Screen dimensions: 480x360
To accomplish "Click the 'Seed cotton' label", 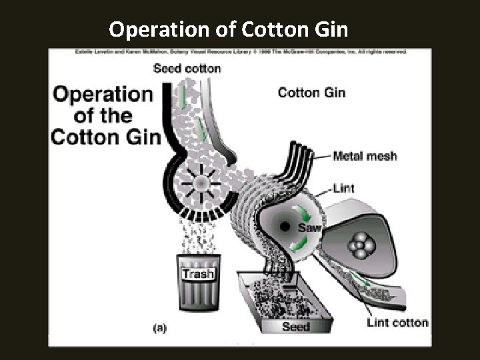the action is [x=187, y=68].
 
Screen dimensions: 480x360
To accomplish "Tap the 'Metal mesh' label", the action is [x=365, y=157].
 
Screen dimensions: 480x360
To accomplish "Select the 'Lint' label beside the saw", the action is [x=343, y=189].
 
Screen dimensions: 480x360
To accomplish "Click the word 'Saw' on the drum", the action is [x=310, y=228].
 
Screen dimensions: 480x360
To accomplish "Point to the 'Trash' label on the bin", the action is [x=198, y=273].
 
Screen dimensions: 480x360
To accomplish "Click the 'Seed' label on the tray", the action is [x=296, y=327].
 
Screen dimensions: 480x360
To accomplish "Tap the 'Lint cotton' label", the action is [x=397, y=323].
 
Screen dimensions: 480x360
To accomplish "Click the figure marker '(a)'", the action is [x=161, y=327].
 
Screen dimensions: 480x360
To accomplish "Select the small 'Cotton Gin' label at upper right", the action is [x=311, y=93].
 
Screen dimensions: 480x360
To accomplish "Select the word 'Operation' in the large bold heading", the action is [x=103, y=94].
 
